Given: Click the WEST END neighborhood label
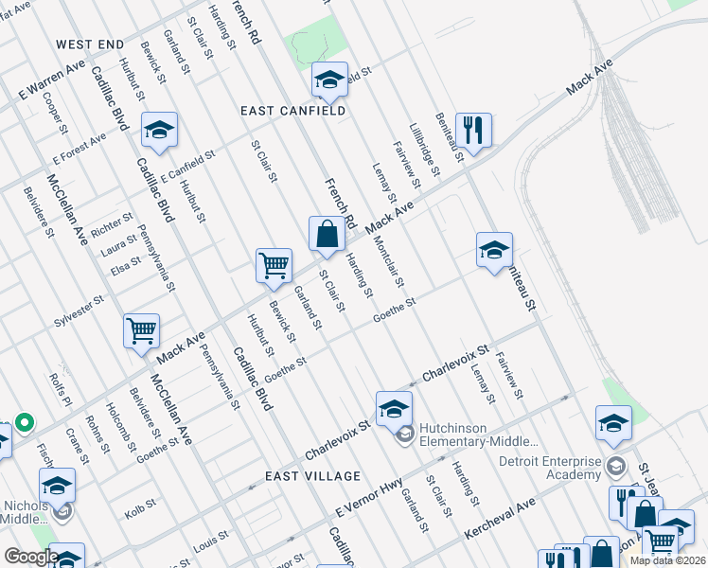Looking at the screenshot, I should click(x=90, y=44).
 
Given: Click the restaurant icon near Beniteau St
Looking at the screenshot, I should click(x=473, y=129).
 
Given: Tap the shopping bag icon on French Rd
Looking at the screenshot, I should click(x=327, y=234).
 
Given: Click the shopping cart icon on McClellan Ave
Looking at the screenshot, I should click(x=141, y=331).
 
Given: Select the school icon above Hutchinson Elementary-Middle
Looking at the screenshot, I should click(x=394, y=408).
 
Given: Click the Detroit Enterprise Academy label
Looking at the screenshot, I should click(x=550, y=467).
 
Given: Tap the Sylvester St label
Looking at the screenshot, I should click(x=78, y=310).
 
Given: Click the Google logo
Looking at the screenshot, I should click(x=31, y=557).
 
